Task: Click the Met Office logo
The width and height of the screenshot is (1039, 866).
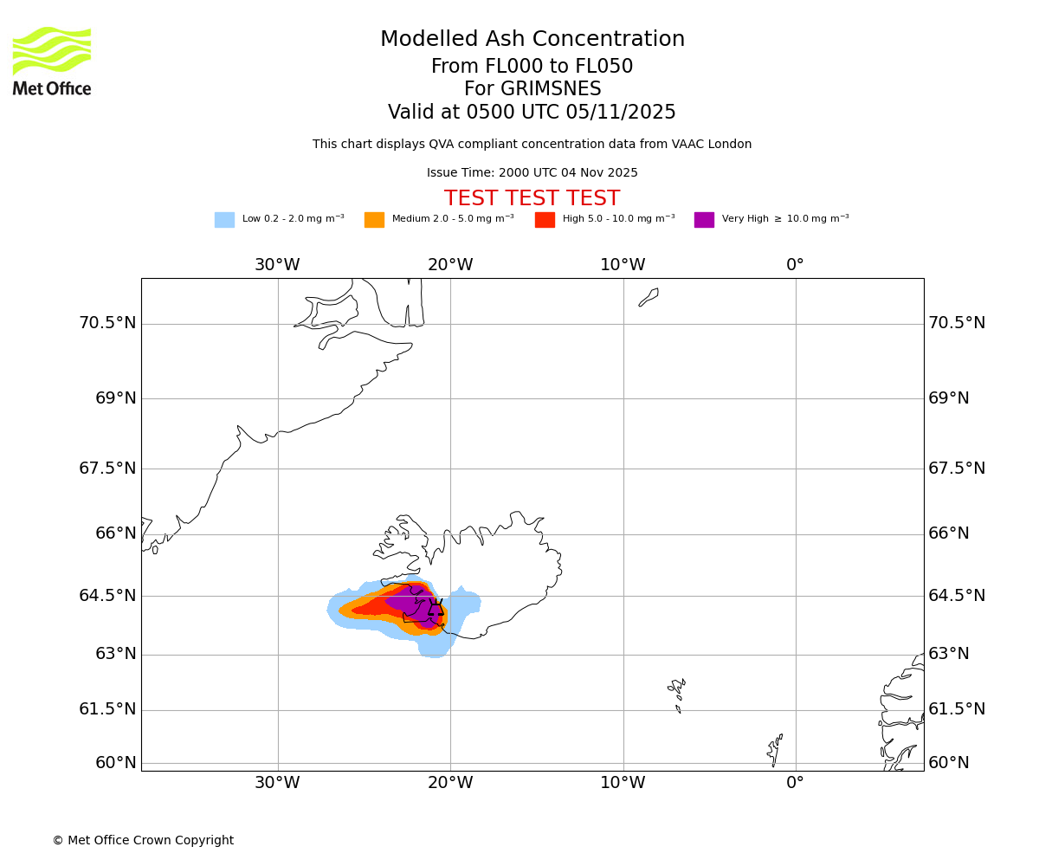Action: coord(52,61)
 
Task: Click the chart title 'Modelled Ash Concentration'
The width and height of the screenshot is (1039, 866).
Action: coord(532,40)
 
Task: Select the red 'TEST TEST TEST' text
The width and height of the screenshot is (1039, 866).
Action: coord(532,199)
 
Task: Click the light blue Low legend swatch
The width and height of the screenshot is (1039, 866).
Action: coord(224,220)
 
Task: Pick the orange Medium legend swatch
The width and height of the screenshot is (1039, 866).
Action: coord(374,220)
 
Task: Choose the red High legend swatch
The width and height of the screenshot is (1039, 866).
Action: coord(545,220)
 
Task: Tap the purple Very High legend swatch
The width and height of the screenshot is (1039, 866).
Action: coord(704,220)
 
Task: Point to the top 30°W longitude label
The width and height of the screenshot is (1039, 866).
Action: coord(277,265)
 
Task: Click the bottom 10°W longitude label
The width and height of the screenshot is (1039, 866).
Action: coord(623,783)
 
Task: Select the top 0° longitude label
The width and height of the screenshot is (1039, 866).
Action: coord(795,265)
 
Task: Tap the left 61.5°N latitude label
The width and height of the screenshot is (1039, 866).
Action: coord(107,709)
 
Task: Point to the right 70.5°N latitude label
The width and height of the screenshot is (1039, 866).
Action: coord(957,323)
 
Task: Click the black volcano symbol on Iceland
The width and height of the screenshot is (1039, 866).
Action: coord(436,609)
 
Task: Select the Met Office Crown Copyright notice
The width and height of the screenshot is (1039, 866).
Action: coord(143,841)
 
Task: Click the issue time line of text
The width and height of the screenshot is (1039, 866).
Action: coord(532,173)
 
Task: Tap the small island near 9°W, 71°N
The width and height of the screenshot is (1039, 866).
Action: coord(649,297)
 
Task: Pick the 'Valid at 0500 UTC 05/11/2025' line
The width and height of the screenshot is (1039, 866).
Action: coord(532,113)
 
